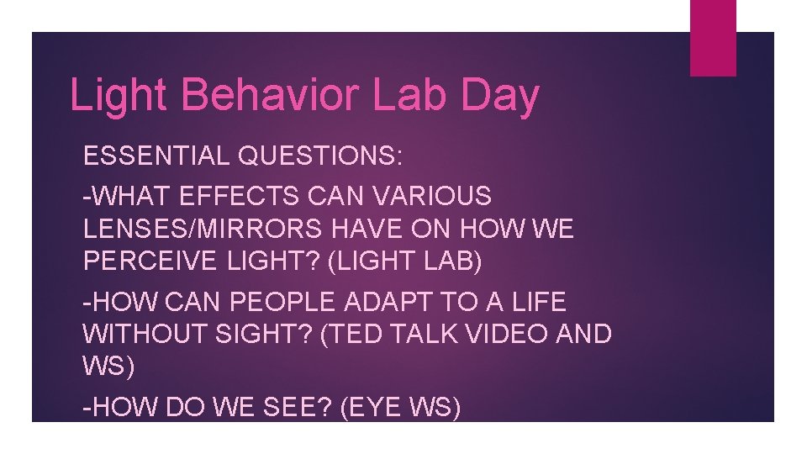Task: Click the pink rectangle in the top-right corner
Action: (712, 38)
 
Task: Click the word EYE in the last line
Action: (369, 409)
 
